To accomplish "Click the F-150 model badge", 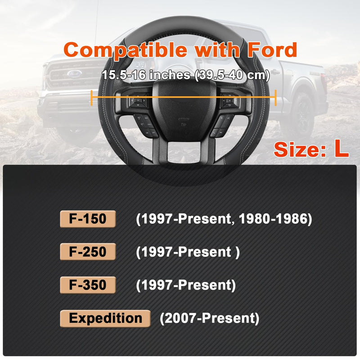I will (x=88, y=219).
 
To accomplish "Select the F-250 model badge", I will (x=88, y=252).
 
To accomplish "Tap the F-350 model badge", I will (x=88, y=285).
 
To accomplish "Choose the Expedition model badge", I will (x=105, y=318).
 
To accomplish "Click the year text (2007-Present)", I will (x=209, y=319).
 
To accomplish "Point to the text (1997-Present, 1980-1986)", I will (x=224, y=219).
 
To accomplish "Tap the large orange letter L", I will (x=341, y=150).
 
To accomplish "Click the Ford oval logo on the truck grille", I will (x=72, y=73).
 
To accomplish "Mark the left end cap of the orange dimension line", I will (x=92, y=97).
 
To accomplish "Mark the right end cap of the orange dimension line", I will (x=275, y=97).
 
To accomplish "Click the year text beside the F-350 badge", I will (x=186, y=285).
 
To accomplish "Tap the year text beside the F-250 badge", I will (x=188, y=252).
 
